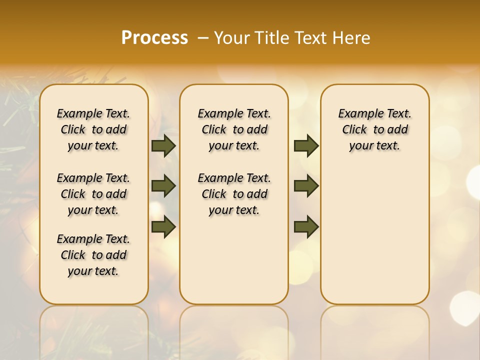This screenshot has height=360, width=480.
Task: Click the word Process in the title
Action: point(154,37)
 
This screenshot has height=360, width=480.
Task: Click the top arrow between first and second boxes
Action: point(163,146)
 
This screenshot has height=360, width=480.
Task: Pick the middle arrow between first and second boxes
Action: point(163,186)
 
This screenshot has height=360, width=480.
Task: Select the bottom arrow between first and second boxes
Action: point(163,226)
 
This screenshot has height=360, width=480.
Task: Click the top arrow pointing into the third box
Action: point(306,146)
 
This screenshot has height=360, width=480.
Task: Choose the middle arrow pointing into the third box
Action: point(306,186)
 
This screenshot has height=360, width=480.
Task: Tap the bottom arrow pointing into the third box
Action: point(306,226)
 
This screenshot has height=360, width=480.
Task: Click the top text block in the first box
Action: point(93,129)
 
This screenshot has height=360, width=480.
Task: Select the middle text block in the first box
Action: point(93,194)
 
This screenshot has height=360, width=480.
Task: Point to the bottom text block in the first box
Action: point(93,255)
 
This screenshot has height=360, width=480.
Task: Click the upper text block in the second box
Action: point(234,129)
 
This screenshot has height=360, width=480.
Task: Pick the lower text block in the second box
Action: point(234,194)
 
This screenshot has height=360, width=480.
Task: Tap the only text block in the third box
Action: point(375,129)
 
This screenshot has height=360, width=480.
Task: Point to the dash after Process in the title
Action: point(203,37)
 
